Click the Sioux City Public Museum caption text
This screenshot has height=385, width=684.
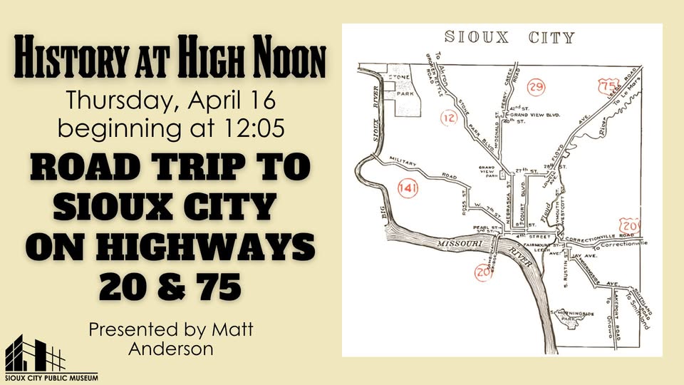coord(50,377)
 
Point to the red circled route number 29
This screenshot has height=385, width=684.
coord(537,88)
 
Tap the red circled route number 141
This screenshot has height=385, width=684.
coord(407,189)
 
